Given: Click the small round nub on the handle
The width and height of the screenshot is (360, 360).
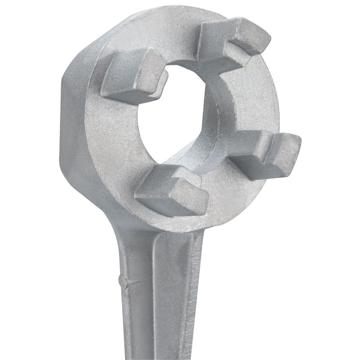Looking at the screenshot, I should pos(122,280).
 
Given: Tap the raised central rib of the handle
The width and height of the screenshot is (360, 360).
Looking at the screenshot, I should pos(169,292).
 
